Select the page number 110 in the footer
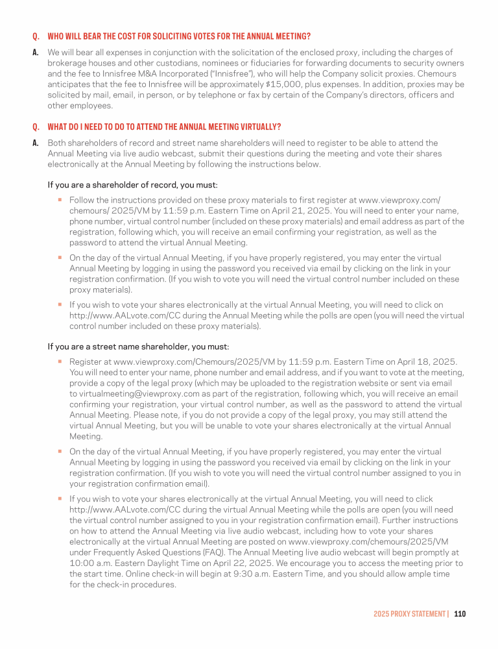click(460, 613)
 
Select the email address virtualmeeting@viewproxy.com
click(143, 393)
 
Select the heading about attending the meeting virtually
click(164, 126)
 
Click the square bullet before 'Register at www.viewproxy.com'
click(59, 360)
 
